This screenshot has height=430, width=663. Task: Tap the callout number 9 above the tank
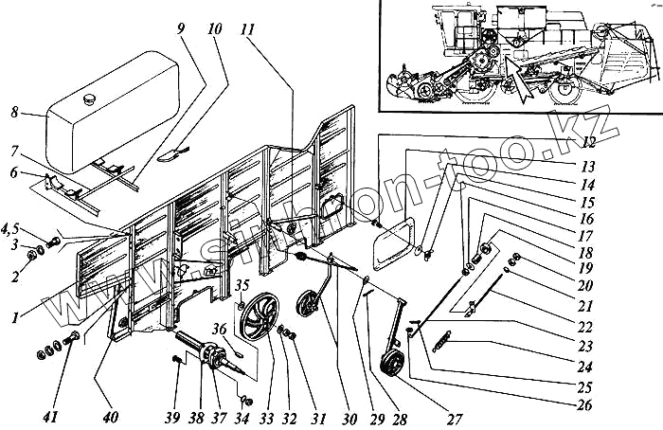tap(180, 29)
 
